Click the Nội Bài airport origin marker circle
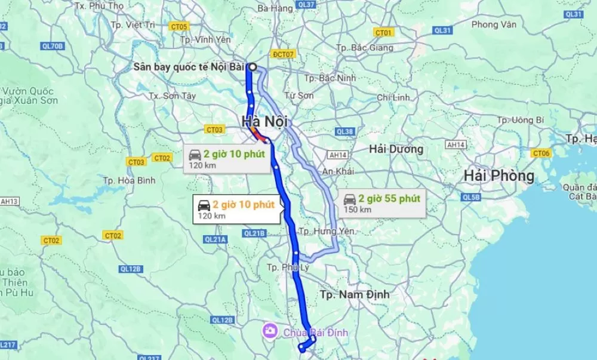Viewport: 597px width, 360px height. coord(253,67)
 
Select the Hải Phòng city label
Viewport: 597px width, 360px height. coord(499,176)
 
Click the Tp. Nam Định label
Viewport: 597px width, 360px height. coord(355,294)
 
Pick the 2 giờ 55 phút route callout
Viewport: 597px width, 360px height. coord(383,203)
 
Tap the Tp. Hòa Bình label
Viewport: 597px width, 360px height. coord(129,180)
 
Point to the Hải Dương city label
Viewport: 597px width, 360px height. coord(396,149)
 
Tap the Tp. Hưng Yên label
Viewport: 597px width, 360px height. coord(326,230)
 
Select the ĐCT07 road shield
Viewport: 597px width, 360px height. coord(283,54)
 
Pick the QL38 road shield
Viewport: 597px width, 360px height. coord(345,131)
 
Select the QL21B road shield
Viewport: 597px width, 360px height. coord(254,233)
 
